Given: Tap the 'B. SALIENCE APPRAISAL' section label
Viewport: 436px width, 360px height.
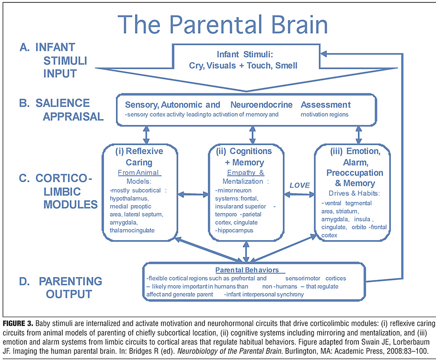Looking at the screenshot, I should [x=60, y=110].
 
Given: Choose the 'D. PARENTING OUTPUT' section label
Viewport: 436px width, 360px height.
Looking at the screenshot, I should [x=67, y=287].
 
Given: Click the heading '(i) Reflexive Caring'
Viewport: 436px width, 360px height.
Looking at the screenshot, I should [x=139, y=157].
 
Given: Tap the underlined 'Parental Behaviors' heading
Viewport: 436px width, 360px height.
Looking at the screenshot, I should [x=247, y=270].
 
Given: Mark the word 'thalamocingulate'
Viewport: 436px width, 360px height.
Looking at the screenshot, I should [x=132, y=230].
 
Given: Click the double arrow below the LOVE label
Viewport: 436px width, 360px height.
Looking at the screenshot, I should [x=298, y=195].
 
